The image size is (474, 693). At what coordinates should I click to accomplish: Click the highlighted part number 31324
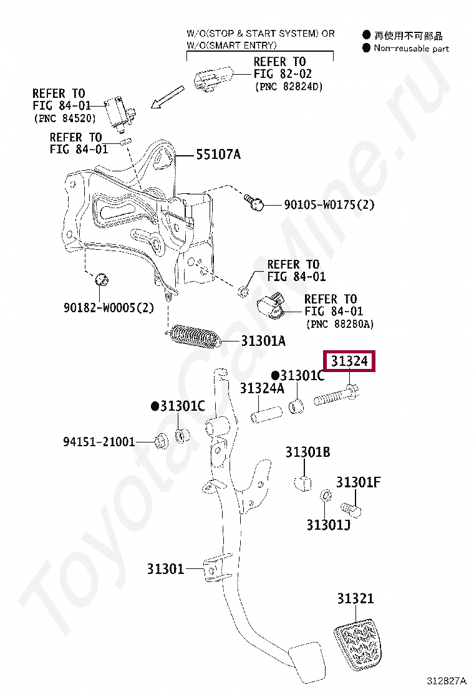[349, 361]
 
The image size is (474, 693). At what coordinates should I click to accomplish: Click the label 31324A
[262, 388]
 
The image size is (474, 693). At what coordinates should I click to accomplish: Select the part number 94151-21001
[99, 442]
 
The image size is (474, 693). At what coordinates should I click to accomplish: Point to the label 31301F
[359, 482]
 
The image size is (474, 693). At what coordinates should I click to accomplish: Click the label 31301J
[328, 525]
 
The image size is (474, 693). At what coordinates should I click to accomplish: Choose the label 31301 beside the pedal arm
[166, 568]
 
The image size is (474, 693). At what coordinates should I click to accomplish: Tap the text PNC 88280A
[339, 324]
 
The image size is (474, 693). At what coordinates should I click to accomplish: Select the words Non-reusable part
[411, 48]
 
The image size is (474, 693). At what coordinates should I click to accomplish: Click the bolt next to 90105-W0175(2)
[254, 202]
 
